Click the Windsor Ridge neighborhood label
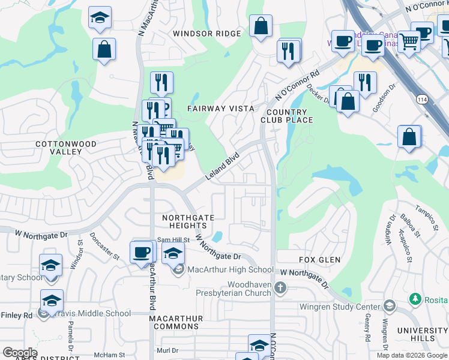coord(206,34)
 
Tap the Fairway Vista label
coord(220,109)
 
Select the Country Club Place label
coord(287,116)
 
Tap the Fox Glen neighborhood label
coord(320,260)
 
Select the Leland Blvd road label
coord(223,166)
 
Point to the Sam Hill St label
coord(173,240)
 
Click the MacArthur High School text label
coord(231,270)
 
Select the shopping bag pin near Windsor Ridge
coord(261,26)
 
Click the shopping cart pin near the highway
coord(409,42)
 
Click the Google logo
coord(20,353)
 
